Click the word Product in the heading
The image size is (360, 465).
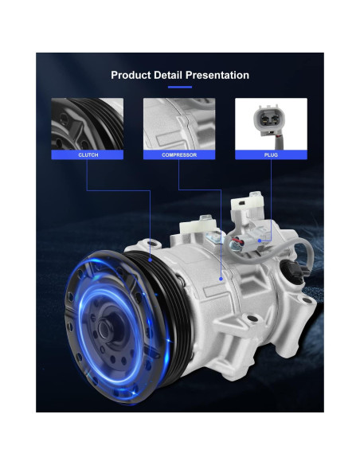131,75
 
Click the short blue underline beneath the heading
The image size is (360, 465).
180,88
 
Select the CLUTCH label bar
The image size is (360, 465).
87,154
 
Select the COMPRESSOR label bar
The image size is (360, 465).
179,154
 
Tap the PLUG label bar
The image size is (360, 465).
271,154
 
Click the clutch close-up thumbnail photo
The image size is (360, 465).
87,124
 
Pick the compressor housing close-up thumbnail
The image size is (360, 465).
179,124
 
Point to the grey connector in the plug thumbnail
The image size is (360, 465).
267,119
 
